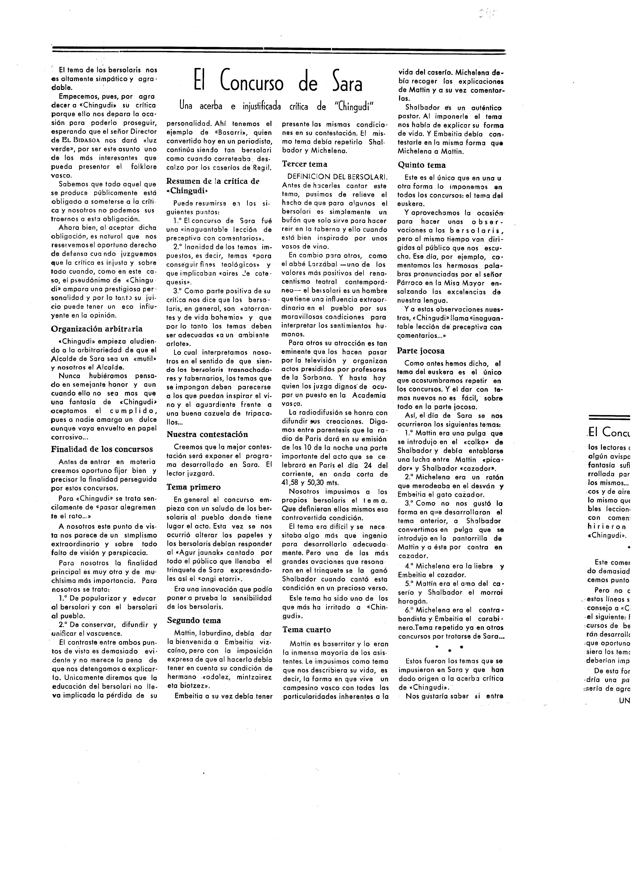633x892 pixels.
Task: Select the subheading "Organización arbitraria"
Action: click(97, 329)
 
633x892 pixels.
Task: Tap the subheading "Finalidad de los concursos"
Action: click(102, 449)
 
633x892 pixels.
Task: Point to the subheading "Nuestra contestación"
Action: click(207, 434)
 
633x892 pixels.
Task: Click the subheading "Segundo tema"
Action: click(194, 620)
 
